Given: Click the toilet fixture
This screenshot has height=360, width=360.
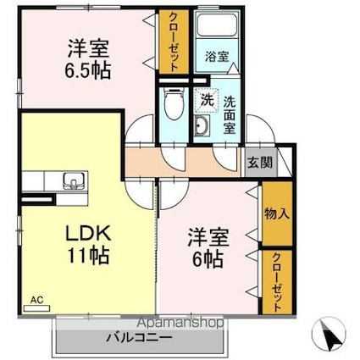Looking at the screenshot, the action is pyautogui.click(x=174, y=103).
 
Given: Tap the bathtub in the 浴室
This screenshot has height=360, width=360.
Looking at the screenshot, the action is pyautogui.click(x=217, y=25).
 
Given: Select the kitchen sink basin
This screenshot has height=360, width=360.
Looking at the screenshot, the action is pyautogui.click(x=74, y=180).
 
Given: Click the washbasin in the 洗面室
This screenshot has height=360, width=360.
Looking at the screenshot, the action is pyautogui.click(x=202, y=125).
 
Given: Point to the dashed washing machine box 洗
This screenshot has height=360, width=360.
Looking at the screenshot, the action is pyautogui.click(x=207, y=100).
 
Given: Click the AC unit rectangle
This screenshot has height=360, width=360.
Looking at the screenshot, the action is pyautogui.click(x=36, y=308).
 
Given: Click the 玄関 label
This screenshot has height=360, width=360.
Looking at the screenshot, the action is pyautogui.click(x=260, y=163).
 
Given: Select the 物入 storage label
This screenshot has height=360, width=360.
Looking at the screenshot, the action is pyautogui.click(x=277, y=213).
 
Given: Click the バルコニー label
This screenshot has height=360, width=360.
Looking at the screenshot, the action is pyautogui.click(x=139, y=337).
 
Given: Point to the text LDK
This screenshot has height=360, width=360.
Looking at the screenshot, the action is pyautogui.click(x=88, y=234).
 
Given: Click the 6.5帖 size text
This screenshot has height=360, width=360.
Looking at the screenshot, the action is pyautogui.click(x=87, y=71).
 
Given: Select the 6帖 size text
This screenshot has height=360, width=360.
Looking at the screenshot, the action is pyautogui.click(x=208, y=259).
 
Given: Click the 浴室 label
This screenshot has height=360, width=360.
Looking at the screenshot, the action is pyautogui.click(x=217, y=57).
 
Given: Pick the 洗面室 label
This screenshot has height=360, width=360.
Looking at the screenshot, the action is pyautogui.click(x=230, y=115).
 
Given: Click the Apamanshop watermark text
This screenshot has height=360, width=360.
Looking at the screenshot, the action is pyautogui.click(x=181, y=323).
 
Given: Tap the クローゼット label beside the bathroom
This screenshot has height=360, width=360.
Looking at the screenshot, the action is pyautogui.click(x=174, y=42).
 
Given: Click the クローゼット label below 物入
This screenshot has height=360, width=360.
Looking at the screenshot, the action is pyautogui.click(x=277, y=282).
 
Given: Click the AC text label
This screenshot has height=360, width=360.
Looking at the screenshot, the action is pyautogui.click(x=37, y=300).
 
